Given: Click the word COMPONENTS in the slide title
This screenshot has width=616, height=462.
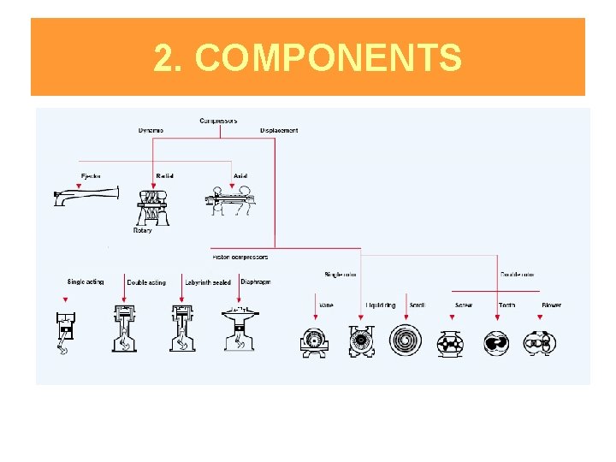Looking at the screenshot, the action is point(329,58).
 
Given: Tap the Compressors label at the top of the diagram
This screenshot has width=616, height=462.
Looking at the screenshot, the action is point(218,121).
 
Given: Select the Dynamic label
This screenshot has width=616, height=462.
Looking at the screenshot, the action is point(151,131).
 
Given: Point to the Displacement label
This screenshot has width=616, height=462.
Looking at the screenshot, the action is point(279,131).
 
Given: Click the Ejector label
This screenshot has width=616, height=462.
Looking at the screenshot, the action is point(90,176).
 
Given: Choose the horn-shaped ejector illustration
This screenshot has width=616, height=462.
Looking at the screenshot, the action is point(84,197).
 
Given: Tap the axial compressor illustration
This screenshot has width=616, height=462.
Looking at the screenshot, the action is point(232,204).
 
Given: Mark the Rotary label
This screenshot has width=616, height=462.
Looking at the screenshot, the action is point(142,231).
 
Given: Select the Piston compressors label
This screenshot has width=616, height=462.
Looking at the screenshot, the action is point(240,257).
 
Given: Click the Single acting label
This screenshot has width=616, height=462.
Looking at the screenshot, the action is point(86,282).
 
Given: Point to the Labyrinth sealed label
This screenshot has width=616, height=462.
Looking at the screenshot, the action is point(208,283).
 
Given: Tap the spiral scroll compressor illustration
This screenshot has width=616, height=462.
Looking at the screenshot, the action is point(406,341).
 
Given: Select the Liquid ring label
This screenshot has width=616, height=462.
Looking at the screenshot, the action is point(381,305).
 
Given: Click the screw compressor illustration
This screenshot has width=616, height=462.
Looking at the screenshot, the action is point(450,343).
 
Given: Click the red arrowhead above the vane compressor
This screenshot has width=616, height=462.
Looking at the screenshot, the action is point(316,317).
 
